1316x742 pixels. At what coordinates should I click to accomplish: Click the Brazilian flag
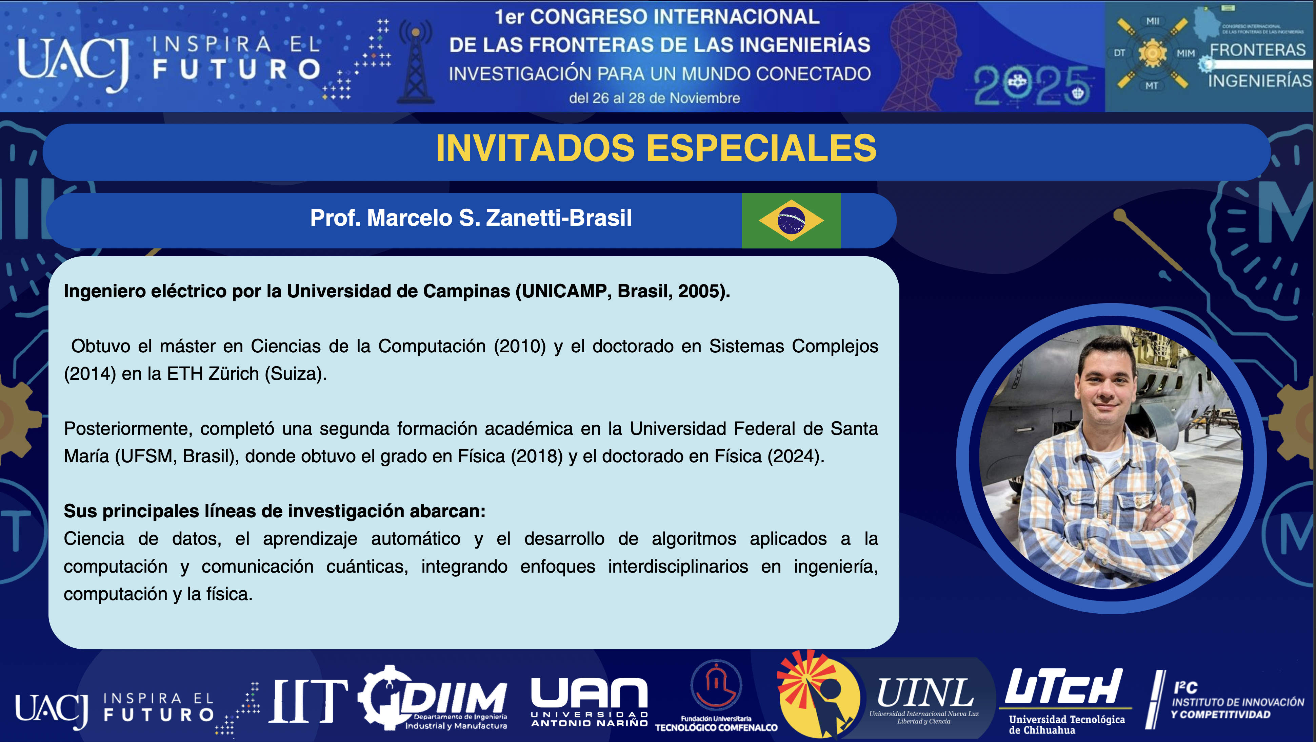point(791,220)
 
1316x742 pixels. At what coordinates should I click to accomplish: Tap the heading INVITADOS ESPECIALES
point(656,148)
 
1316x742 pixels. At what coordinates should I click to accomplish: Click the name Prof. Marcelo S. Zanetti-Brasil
point(471,218)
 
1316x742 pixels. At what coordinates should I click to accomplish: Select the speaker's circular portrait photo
point(1111,457)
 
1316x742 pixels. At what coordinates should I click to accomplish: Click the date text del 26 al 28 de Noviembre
point(654,98)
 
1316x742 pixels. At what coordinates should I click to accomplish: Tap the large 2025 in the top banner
point(1032,86)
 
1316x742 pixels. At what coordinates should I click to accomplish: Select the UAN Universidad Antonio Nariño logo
point(590,702)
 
